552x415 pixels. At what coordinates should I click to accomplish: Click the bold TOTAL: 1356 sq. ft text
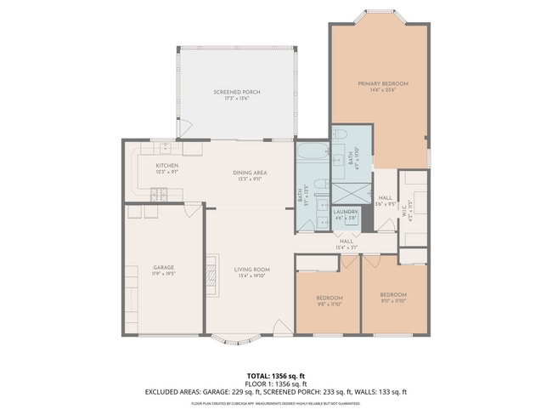tap(275, 375)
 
